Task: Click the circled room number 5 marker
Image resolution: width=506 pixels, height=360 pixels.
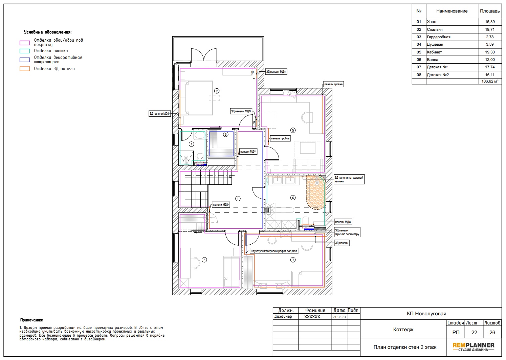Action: pos(293,130)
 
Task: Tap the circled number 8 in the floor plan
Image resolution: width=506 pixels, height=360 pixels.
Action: pos(204,260)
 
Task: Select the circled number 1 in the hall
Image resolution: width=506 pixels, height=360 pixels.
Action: pos(238,199)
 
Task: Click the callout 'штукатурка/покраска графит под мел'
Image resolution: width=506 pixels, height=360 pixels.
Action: pos(274,251)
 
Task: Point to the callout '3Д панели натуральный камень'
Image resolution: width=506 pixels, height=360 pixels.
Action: pos(349,180)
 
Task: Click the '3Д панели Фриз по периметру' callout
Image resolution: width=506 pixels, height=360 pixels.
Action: pos(347,232)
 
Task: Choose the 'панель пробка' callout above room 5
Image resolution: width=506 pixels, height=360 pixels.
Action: pos(333,84)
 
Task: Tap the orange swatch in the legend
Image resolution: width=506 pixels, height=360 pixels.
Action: pos(25,69)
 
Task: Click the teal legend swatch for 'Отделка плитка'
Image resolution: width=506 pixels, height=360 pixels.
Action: pos(25,51)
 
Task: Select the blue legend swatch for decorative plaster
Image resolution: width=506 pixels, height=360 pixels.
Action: pos(25,60)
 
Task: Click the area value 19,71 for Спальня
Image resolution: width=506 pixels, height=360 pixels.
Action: pos(490,29)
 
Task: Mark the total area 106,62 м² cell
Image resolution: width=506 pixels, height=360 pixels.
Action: pos(490,81)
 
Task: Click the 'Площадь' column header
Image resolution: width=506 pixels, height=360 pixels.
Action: pos(490,11)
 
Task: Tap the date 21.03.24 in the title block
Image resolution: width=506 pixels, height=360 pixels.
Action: pos(339,317)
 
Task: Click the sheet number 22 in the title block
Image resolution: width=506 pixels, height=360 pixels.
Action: pos(474,333)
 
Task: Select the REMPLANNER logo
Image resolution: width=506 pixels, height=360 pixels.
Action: pos(474,347)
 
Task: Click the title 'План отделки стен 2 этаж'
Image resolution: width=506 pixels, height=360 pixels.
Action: pos(405,347)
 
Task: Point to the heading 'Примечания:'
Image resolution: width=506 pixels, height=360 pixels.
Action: pos(31,320)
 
